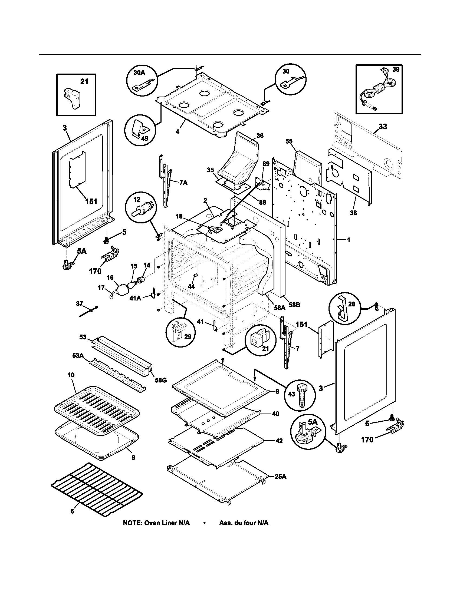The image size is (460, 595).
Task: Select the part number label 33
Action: [x=383, y=127]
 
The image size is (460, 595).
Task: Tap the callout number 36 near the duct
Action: [x=260, y=135]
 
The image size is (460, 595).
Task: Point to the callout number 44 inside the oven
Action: [x=191, y=286]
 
